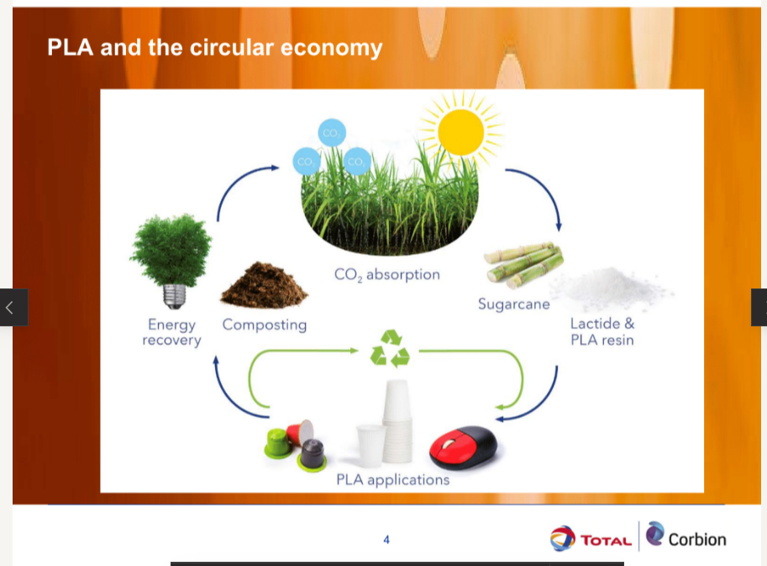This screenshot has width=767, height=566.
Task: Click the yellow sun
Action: coord(460,132)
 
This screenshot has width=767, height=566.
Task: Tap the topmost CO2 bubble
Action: coord(332,133)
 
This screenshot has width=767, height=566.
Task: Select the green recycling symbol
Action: coord(390,348)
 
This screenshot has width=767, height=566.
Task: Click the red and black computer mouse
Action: coord(463,447)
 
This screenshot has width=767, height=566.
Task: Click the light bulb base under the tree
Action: coord(174,297)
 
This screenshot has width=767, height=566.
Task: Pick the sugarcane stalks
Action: coord(523,264)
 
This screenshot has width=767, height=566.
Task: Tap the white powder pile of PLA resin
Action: coord(612,287)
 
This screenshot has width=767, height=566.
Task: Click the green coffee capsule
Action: coord(279,443)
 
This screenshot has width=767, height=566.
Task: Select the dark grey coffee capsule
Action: coord(312,455)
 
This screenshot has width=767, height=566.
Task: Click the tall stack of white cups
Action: coord(397,421)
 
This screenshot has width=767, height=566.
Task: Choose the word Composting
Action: coord(265,325)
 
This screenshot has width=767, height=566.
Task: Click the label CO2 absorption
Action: coord(387,275)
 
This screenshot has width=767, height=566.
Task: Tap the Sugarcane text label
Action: coord(513,304)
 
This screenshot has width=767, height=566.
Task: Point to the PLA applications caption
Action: coord(393,479)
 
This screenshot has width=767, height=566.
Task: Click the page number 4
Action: coord(386,540)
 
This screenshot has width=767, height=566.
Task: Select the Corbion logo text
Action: coord(697,540)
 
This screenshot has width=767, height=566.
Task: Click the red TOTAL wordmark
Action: coord(606,541)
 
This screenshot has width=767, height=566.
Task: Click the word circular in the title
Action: coord(232,47)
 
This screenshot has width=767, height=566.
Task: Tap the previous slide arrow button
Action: coord(13,308)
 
